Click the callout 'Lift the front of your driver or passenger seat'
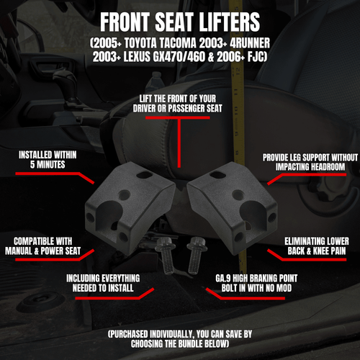click(x=180, y=103)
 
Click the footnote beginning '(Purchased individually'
click(x=180, y=339)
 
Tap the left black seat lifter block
click(x=130, y=202)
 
